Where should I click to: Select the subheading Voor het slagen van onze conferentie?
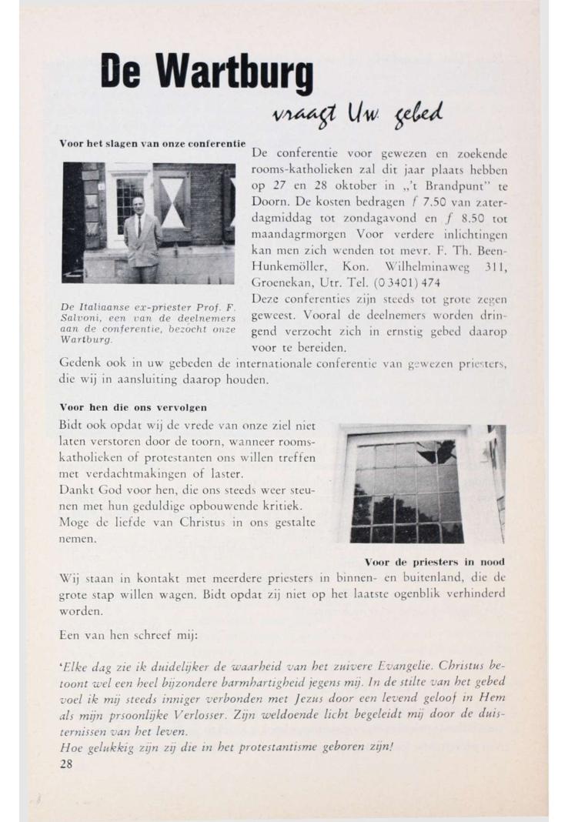152,145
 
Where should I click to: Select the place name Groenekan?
284,282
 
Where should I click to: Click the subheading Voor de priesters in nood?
436,561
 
